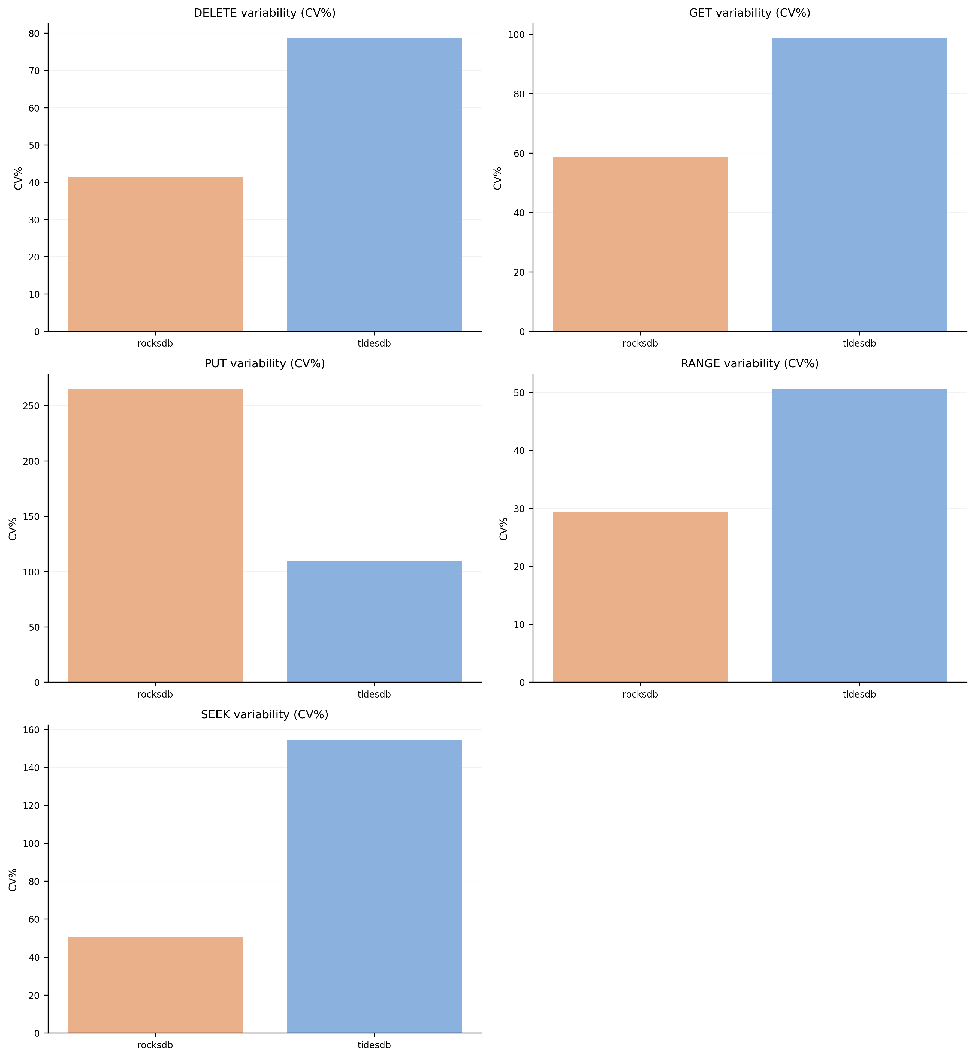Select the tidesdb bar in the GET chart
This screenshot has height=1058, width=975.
click(859, 185)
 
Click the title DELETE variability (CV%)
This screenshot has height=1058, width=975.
click(264, 13)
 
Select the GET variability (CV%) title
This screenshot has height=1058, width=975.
click(749, 13)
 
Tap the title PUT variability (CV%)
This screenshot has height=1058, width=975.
click(264, 363)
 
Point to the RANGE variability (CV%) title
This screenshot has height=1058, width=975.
click(749, 363)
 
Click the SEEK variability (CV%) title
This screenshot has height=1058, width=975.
click(264, 714)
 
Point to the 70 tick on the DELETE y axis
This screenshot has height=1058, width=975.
click(34, 71)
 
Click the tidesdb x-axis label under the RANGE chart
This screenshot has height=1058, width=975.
click(859, 695)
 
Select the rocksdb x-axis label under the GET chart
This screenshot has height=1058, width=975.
click(640, 344)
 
